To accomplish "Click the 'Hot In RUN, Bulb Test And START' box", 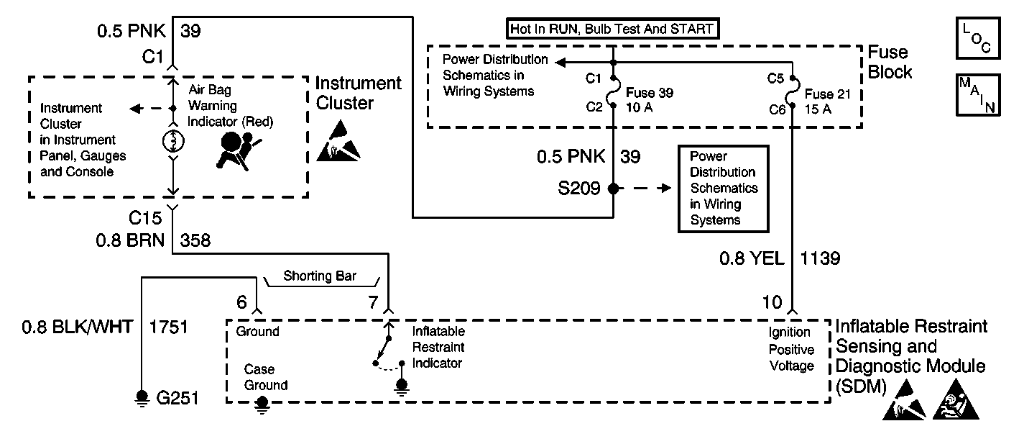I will click(x=613, y=30).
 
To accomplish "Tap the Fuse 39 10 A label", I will click(x=649, y=99).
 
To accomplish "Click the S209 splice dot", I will click(x=613, y=189).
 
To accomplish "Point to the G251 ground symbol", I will click(x=142, y=396).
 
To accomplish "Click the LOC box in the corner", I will click(x=977, y=40).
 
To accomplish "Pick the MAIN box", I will click(x=977, y=94).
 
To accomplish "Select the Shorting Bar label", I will click(x=320, y=276).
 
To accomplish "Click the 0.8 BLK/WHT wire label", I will click(x=77, y=328).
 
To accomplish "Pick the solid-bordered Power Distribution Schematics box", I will click(x=723, y=189).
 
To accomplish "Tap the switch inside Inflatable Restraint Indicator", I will click(x=382, y=351).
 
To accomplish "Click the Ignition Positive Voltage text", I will click(x=790, y=349).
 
